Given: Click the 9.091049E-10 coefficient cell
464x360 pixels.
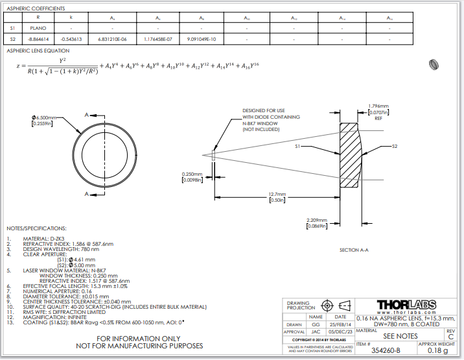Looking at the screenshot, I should [201, 40].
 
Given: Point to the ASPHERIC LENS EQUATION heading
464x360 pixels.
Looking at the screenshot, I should [38, 51].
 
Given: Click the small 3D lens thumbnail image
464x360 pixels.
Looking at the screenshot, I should [435, 64].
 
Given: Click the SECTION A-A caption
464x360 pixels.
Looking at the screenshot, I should [355, 250].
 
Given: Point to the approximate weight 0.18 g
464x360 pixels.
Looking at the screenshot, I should [438, 350].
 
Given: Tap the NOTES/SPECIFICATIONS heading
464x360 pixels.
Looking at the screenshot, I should [36, 228].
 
